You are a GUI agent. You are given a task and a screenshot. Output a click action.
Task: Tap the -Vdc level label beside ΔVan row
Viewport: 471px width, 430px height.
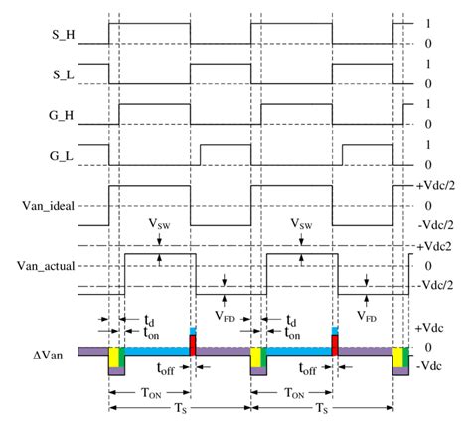tap(436, 366)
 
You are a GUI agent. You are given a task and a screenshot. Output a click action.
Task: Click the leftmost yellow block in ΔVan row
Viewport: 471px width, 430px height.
tap(114, 356)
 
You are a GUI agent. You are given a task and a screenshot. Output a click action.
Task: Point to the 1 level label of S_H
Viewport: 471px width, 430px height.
tap(426, 23)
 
